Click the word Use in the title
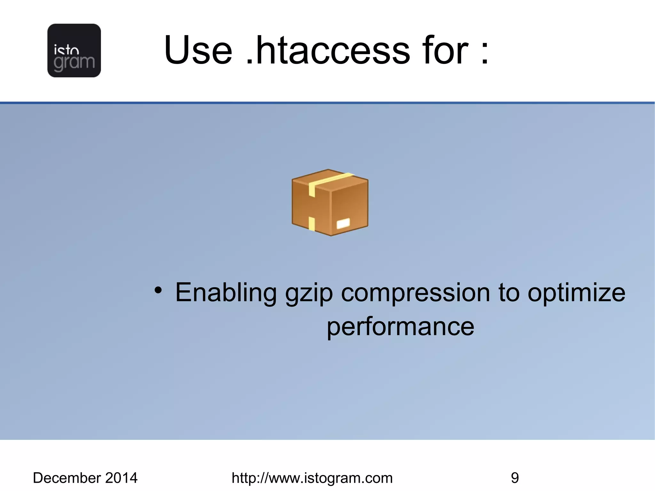point(198,50)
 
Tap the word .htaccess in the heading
point(328,50)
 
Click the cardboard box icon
point(330,203)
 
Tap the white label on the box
point(343,223)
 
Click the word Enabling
point(226,293)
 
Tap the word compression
point(415,293)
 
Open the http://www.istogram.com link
point(312,478)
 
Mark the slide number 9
point(515,478)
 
